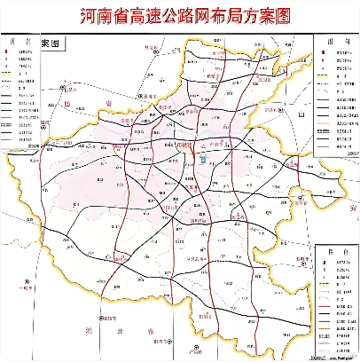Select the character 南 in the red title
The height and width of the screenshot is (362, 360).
click(x=108, y=18)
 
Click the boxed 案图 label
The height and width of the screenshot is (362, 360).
click(x=61, y=43)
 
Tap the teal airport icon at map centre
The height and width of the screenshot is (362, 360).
click(x=202, y=159)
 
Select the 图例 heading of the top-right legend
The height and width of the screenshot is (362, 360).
click(x=336, y=42)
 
